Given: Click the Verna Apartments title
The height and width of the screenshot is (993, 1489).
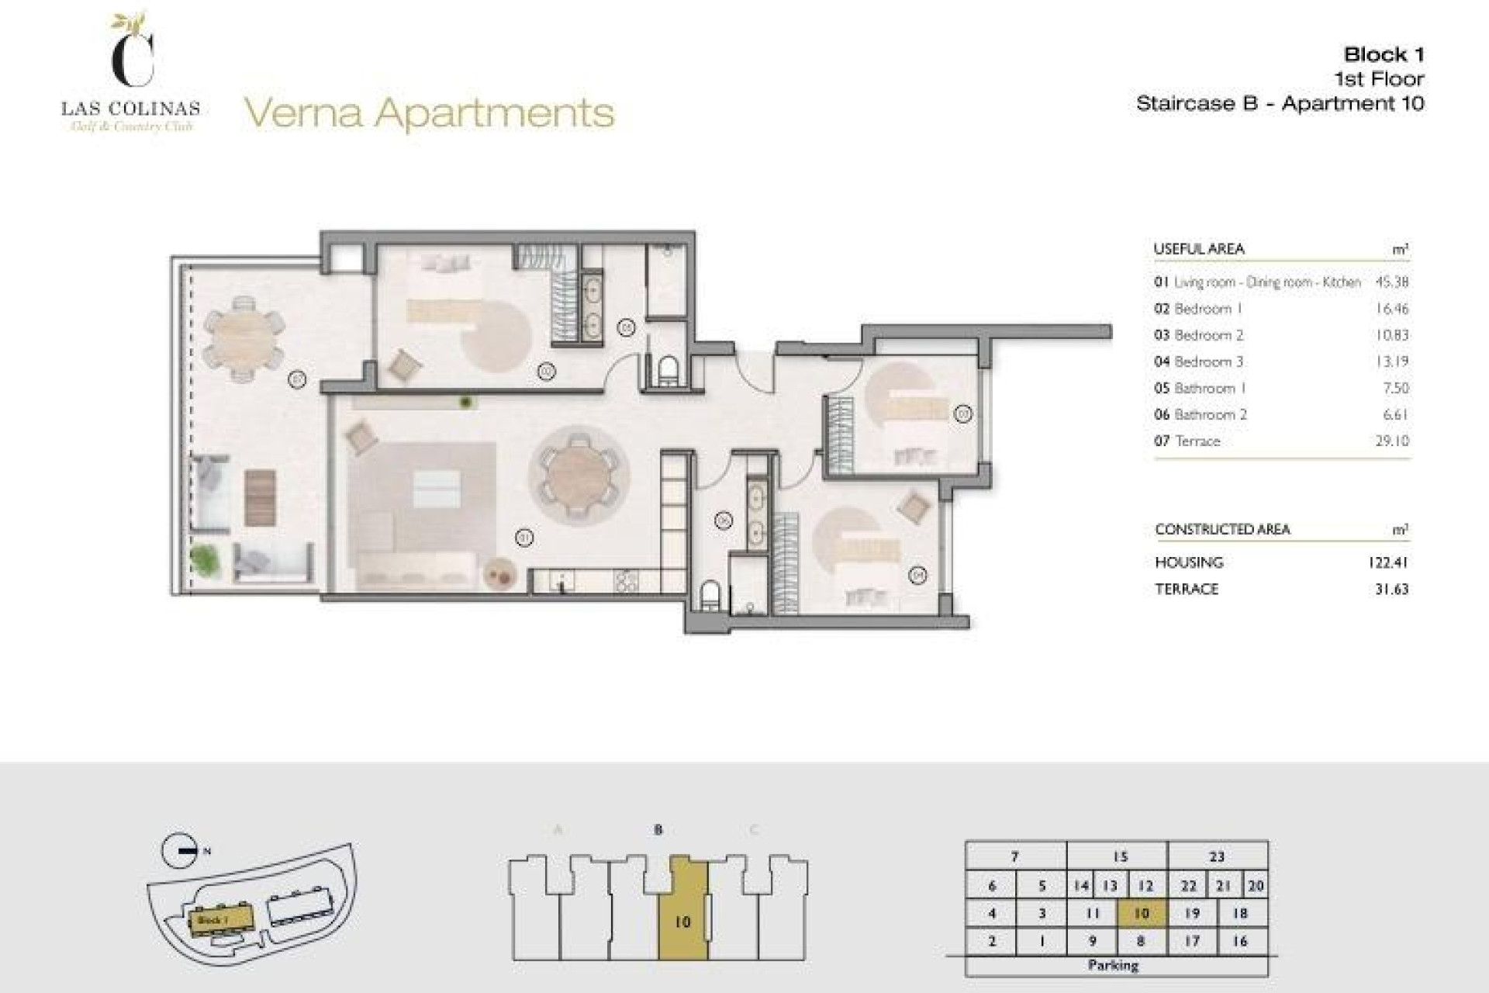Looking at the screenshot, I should click(429, 113).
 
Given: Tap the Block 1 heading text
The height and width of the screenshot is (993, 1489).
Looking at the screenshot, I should click(1384, 55).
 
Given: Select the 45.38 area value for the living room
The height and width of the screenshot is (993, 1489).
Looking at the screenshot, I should click(1391, 282).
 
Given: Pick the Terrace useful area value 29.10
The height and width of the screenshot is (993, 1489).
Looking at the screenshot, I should click(1391, 441).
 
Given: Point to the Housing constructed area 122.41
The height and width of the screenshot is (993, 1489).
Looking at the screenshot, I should click(1387, 562).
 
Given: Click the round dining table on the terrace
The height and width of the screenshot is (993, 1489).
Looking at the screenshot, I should click(244, 338).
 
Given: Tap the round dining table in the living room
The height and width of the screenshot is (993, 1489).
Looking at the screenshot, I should click(579, 476).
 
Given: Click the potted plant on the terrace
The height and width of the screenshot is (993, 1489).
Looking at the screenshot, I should click(205, 558).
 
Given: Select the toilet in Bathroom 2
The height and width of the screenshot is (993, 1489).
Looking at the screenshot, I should click(710, 596).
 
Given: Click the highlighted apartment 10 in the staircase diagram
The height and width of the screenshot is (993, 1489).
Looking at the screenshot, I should click(682, 922).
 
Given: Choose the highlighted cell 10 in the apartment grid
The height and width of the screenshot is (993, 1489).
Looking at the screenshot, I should click(1142, 913).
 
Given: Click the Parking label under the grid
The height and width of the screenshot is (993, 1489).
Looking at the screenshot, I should click(1113, 965).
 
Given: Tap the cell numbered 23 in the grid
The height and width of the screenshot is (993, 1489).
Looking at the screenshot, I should click(1217, 856).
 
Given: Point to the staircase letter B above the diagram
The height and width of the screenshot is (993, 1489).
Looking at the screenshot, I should click(658, 829).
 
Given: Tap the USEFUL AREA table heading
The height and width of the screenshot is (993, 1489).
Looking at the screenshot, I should click(1199, 249).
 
